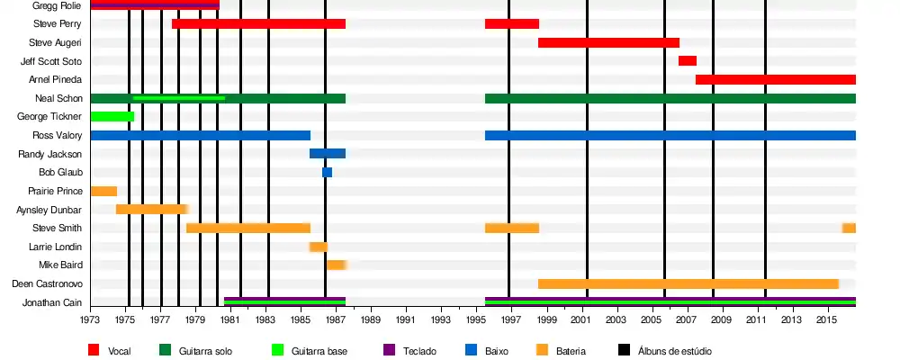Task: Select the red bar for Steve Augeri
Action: click(608, 42)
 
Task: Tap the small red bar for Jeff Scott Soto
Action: click(688, 61)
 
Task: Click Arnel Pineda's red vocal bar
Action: click(775, 80)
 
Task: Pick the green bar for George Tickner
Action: click(112, 117)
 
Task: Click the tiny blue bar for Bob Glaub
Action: click(327, 173)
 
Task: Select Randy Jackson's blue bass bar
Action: click(328, 154)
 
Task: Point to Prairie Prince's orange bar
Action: click(103, 192)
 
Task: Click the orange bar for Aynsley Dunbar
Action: click(150, 210)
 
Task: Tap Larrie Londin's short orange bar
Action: click(319, 247)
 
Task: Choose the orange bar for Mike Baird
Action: click(336, 265)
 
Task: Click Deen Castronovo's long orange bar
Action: click(688, 284)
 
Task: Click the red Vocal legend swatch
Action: click(94, 349)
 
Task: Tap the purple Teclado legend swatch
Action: click(390, 349)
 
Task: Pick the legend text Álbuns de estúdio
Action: click(674, 350)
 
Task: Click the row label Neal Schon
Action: click(58, 98)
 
